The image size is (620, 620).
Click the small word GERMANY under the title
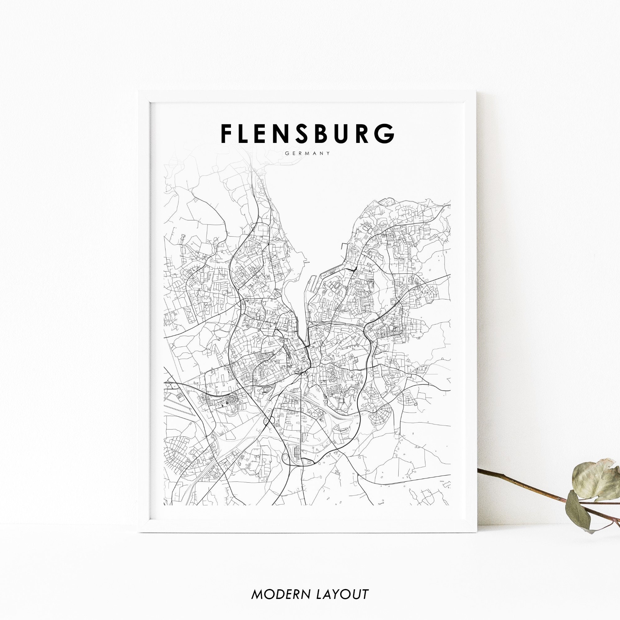[x=308, y=153]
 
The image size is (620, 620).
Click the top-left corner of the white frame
[x=139, y=92]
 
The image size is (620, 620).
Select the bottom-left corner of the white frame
[x=139, y=532]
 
